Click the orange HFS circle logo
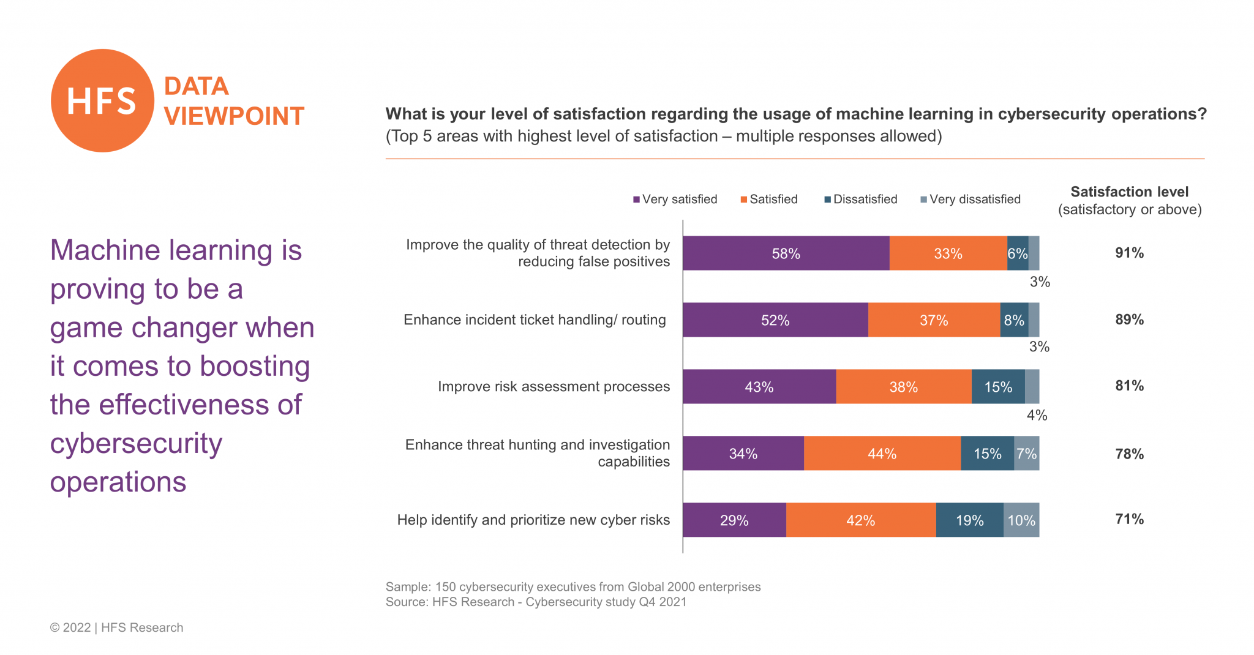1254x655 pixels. (102, 100)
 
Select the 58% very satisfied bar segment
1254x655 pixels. (786, 253)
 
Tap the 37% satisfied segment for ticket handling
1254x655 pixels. (934, 320)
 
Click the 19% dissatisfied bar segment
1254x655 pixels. (969, 520)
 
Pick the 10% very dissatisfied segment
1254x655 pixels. (1021, 520)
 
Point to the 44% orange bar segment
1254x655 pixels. (882, 454)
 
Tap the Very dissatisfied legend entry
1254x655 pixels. (971, 200)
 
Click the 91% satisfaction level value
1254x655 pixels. (1129, 253)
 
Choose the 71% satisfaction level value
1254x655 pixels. (1129, 519)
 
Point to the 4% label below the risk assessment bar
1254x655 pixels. (1037, 416)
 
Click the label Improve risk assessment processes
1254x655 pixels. (554, 387)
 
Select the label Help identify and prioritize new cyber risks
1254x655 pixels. (533, 520)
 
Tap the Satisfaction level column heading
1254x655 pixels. (1129, 192)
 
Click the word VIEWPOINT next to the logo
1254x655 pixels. (234, 116)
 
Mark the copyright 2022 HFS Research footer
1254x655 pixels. (116, 627)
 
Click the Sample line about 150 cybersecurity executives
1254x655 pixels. (573, 587)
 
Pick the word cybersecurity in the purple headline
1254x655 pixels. (136, 444)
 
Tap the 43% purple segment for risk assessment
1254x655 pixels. (759, 387)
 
